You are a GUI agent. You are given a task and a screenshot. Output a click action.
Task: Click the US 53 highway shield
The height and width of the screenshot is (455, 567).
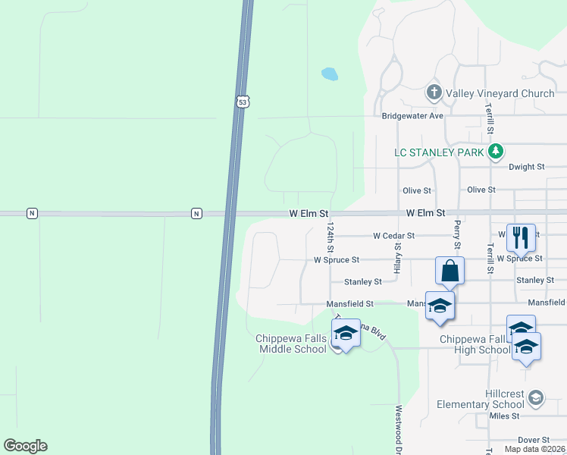(x=242, y=101)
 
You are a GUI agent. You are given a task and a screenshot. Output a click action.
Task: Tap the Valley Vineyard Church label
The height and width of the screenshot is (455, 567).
(x=500, y=93)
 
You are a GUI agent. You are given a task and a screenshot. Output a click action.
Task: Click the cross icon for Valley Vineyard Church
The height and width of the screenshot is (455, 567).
(x=434, y=93)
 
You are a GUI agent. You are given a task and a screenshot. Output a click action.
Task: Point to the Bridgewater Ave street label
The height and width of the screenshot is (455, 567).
(x=412, y=116)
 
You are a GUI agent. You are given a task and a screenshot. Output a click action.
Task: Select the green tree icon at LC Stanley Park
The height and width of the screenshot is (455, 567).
(x=495, y=152)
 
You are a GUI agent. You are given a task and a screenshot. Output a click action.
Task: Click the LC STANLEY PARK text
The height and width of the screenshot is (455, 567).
(x=440, y=152)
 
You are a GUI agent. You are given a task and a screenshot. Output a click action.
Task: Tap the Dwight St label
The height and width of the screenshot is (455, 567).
(x=526, y=167)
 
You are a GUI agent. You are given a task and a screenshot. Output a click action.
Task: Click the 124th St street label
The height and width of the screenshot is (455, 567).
(x=330, y=237)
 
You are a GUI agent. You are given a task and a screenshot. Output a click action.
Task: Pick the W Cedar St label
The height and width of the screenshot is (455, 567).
(x=393, y=236)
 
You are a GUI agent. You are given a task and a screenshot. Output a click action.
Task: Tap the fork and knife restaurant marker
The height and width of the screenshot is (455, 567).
(x=521, y=237)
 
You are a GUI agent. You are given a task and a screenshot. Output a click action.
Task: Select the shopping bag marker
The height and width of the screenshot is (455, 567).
(x=450, y=271)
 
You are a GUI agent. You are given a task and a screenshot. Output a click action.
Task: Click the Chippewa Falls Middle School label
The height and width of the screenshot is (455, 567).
(x=292, y=344)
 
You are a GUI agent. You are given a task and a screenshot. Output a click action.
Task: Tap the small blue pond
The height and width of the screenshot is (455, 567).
(x=329, y=74)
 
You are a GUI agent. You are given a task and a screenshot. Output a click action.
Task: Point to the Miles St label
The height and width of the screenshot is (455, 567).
(x=504, y=416)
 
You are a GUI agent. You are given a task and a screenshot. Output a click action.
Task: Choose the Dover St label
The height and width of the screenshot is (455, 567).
(x=534, y=440)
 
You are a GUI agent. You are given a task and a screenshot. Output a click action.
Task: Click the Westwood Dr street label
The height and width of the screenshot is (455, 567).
(x=398, y=428)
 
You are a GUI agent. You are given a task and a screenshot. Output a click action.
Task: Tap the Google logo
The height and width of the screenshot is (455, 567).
(x=25, y=446)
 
